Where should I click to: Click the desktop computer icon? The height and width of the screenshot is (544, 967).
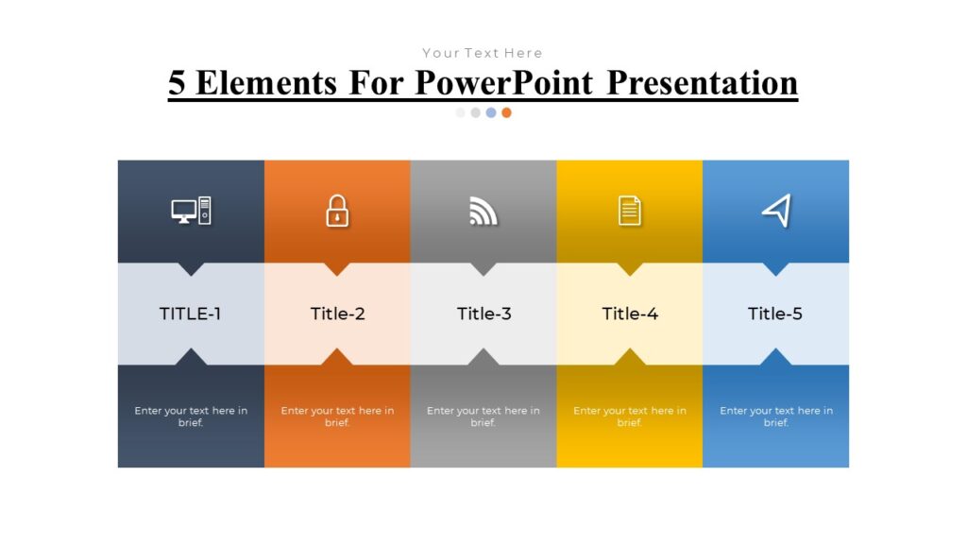(x=191, y=211)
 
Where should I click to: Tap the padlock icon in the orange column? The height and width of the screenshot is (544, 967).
(x=337, y=211)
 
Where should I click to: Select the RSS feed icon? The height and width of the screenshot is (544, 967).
(x=483, y=211)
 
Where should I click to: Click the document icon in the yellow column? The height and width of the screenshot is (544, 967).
(x=630, y=211)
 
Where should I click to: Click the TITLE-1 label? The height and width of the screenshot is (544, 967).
(x=190, y=314)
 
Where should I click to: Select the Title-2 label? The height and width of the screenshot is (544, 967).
(x=337, y=314)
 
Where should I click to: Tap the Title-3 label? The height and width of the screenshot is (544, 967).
(x=484, y=314)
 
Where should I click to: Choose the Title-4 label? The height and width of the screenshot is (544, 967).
(x=630, y=314)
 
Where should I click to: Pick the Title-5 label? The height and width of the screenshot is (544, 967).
(x=775, y=314)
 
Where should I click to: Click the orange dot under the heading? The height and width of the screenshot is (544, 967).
(x=506, y=113)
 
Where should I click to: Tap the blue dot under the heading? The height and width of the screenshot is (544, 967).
(x=491, y=113)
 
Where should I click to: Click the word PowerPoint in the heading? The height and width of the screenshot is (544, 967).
(x=504, y=83)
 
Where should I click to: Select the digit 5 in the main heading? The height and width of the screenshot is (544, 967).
(x=177, y=83)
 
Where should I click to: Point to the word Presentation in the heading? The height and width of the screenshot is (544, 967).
(x=703, y=83)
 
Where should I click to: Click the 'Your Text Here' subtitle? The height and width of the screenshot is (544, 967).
(x=483, y=53)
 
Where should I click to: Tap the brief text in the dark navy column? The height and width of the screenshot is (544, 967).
(x=191, y=416)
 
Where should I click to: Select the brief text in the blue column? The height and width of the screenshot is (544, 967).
(x=776, y=416)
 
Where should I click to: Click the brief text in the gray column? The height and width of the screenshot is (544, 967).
(x=483, y=416)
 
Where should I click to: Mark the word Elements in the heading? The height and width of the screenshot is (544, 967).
(x=266, y=83)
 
